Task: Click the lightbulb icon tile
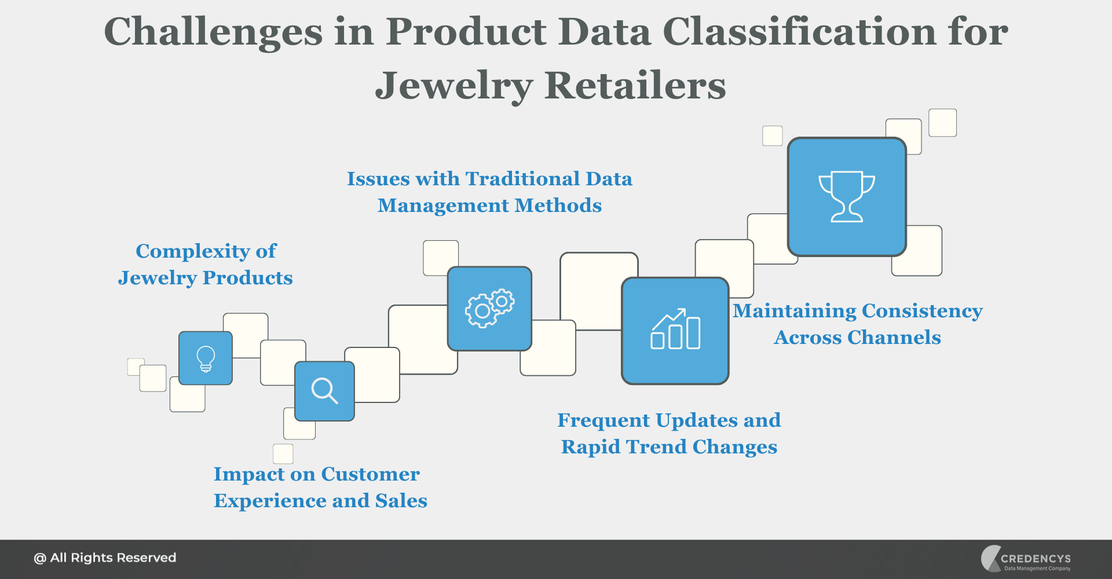(x=206, y=358)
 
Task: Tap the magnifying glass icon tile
(x=324, y=391)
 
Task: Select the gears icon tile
(x=489, y=309)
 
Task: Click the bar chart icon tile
(x=675, y=331)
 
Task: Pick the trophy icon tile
(x=847, y=197)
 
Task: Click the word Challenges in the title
(x=213, y=32)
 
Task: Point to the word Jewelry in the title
(x=453, y=86)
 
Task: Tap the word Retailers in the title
(x=635, y=86)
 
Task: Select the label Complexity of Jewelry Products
(x=206, y=265)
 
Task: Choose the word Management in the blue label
(x=443, y=206)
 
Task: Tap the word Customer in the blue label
(x=370, y=474)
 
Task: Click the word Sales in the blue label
(x=401, y=501)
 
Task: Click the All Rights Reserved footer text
(x=105, y=558)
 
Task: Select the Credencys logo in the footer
(x=1026, y=559)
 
